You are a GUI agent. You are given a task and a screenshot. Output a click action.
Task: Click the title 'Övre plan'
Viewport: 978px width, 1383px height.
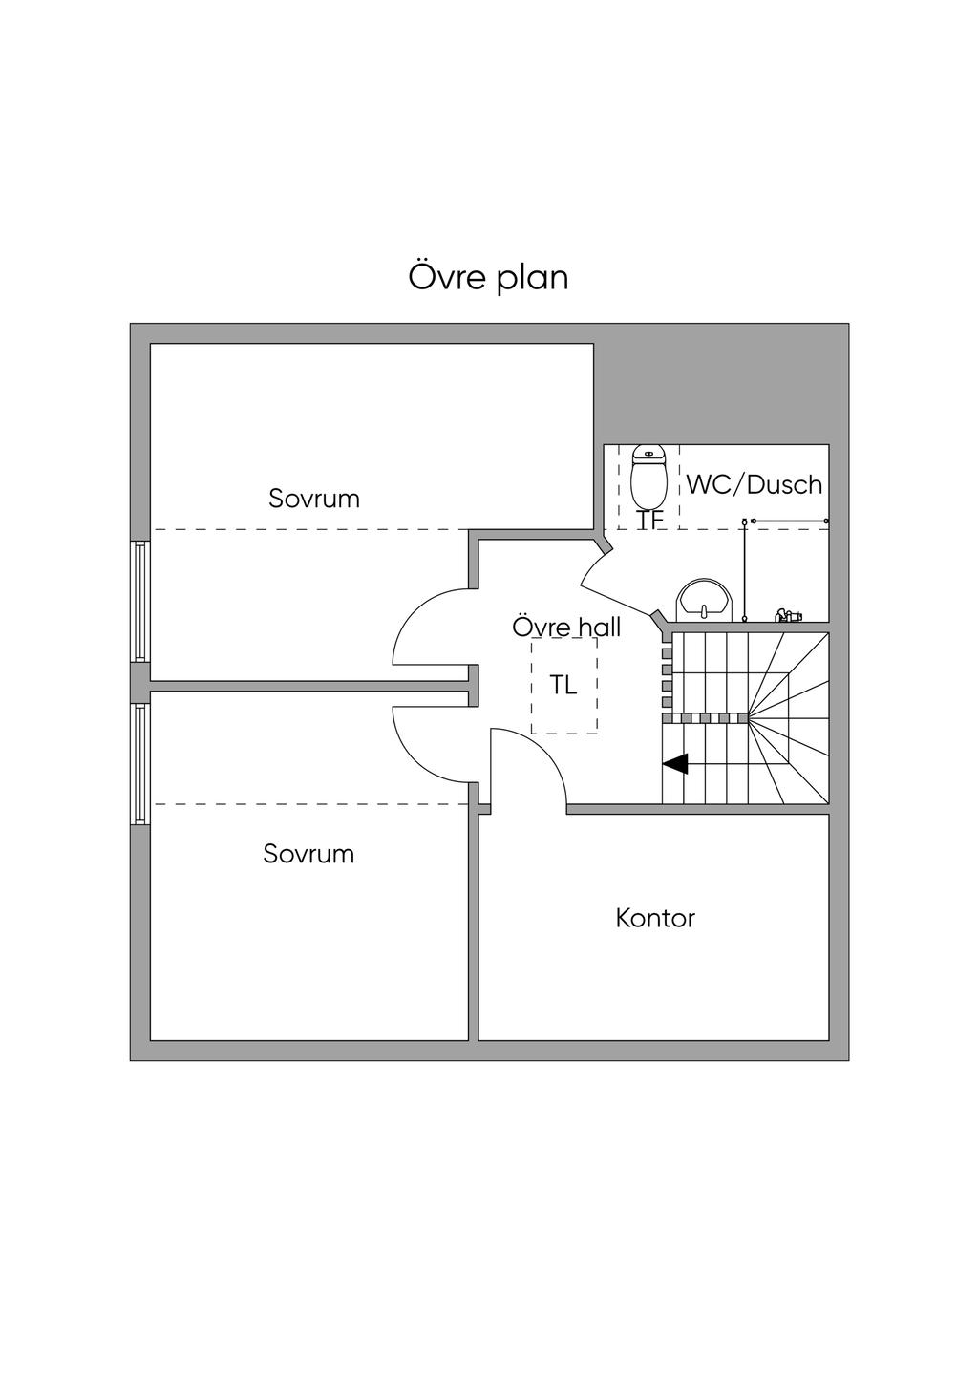pyautogui.click(x=488, y=277)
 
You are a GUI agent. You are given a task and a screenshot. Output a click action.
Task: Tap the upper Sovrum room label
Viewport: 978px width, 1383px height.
pyautogui.click(x=314, y=499)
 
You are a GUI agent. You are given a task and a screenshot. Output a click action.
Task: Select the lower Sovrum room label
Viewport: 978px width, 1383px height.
pyautogui.click(x=308, y=854)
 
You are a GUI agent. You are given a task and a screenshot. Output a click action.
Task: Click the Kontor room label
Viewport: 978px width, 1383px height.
pyautogui.click(x=655, y=919)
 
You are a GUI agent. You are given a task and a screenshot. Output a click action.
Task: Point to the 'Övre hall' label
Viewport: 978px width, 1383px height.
pyautogui.click(x=566, y=628)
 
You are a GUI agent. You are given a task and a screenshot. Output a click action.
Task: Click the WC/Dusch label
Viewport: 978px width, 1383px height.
pyautogui.click(x=755, y=485)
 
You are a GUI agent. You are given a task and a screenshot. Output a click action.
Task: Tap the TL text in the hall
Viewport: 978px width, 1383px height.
pyautogui.click(x=563, y=685)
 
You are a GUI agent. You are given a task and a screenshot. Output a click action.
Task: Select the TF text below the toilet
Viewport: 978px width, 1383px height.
pyautogui.click(x=650, y=521)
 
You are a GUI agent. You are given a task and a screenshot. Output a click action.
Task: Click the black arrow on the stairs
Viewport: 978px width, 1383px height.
pyautogui.click(x=676, y=764)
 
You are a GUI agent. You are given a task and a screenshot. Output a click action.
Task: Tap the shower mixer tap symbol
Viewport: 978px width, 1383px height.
pyautogui.click(x=788, y=615)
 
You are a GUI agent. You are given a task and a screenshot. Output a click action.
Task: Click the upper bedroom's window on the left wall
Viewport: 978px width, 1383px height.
pyautogui.click(x=140, y=602)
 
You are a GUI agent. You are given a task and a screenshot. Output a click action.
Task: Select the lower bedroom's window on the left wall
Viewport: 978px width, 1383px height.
pyautogui.click(x=140, y=764)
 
